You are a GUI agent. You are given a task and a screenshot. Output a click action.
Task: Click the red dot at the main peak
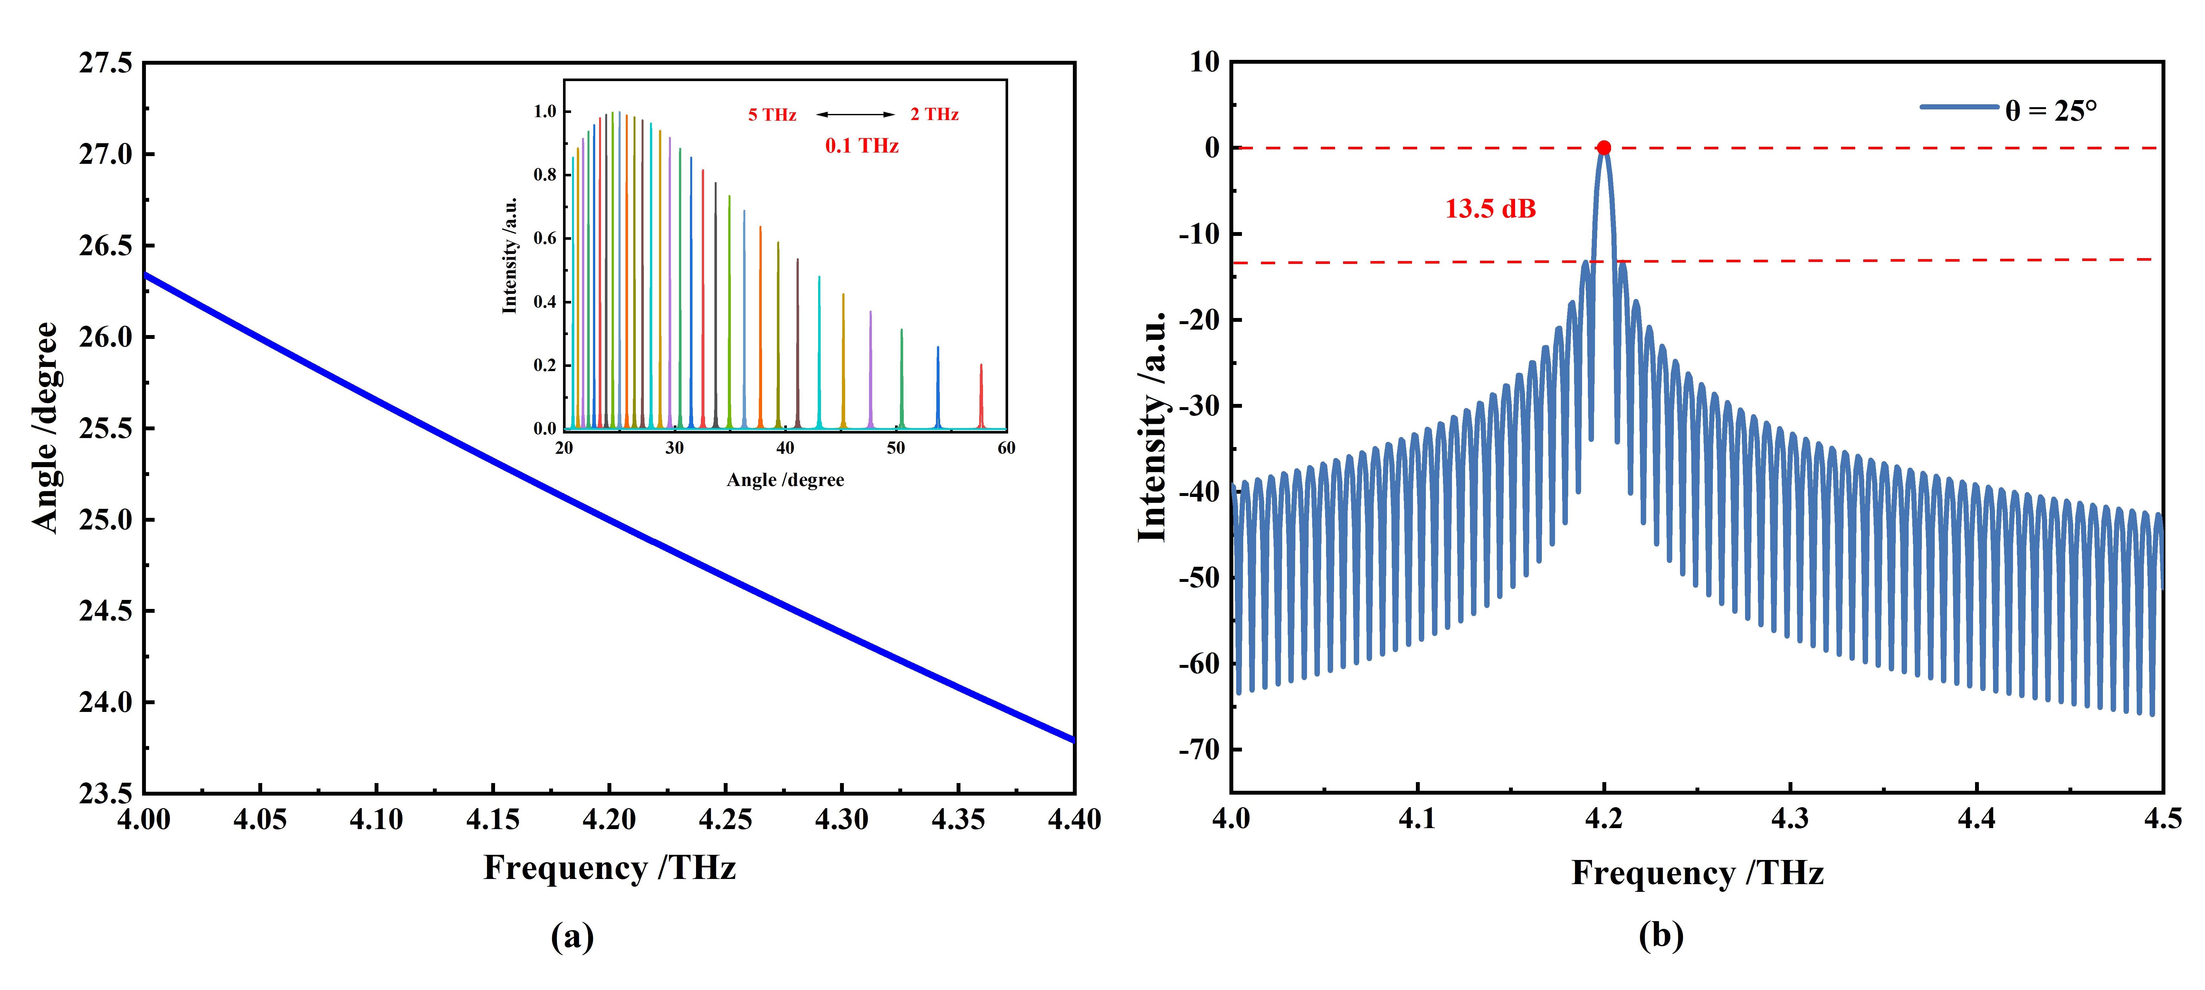pos(1603,148)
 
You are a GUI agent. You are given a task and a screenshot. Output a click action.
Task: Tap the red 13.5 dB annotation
pos(1490,209)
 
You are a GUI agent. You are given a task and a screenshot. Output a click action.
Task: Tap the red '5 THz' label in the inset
pos(772,115)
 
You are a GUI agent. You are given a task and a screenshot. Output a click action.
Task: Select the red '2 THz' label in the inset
pos(934,115)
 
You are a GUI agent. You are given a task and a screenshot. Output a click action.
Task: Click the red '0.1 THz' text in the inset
pos(861,146)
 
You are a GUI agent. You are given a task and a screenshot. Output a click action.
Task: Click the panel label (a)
pos(572,936)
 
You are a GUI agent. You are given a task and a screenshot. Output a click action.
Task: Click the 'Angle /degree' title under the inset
pos(785,480)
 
